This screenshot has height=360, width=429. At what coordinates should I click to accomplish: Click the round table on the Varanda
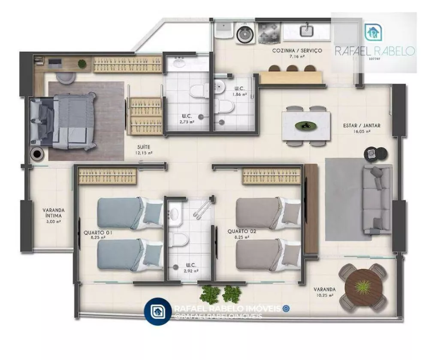[x=363, y=286]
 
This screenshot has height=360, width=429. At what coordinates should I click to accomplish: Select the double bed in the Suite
[x=64, y=121]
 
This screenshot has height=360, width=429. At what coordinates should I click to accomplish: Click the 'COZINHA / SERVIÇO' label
[x=297, y=51]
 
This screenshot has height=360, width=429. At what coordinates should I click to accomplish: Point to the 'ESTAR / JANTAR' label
[x=362, y=126]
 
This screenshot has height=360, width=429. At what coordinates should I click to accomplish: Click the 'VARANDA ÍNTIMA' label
[x=54, y=213]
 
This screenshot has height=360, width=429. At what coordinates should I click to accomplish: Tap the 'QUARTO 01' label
[x=98, y=233]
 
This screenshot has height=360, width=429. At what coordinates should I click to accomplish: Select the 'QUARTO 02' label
[x=242, y=231]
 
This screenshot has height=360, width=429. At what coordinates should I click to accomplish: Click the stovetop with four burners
[x=269, y=31]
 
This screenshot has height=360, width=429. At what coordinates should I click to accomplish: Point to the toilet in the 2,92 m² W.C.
[x=178, y=240]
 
